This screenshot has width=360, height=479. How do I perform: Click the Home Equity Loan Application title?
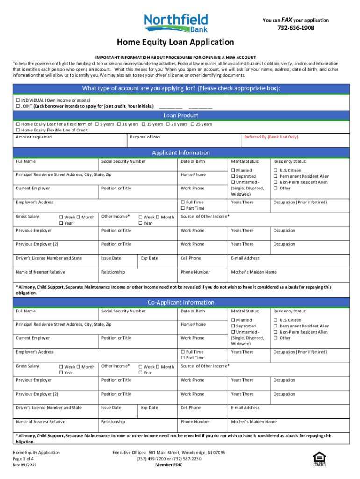pos(175,43)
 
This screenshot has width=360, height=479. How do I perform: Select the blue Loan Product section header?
pos(180,116)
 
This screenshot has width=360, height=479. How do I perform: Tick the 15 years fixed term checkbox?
pos(144,124)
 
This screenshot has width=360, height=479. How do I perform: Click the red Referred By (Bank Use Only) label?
pos(271,137)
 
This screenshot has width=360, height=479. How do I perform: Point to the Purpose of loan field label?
pos(145,137)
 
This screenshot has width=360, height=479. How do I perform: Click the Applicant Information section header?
pos(180,153)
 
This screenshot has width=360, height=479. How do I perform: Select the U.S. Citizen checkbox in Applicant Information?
pos(276,171)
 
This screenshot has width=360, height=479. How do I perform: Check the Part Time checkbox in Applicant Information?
pos(183,208)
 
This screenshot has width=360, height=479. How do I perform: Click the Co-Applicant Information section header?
pos(180,303)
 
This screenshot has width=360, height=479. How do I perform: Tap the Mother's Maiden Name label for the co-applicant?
pos(254,422)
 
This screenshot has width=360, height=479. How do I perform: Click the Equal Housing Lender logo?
pos(319,459)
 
